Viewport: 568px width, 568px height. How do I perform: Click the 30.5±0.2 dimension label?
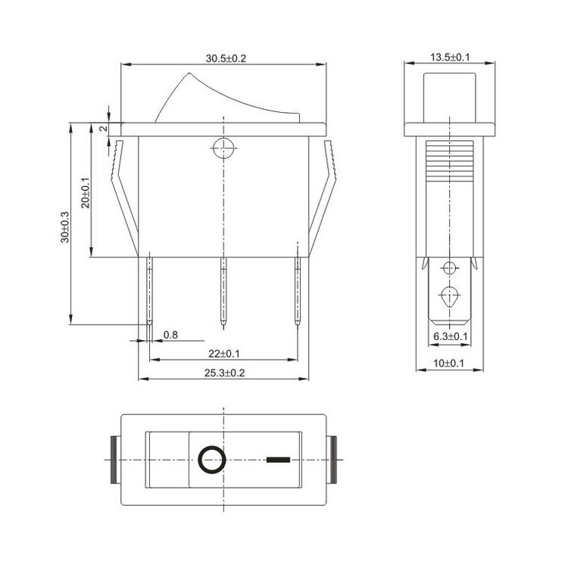tap(226, 58)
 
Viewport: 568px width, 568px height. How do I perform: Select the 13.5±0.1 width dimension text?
tap(450, 58)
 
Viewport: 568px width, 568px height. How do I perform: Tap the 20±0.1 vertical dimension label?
tap(86, 192)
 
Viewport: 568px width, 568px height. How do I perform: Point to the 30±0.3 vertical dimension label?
tap(65, 227)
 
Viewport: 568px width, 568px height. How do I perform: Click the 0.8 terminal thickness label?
tap(170, 335)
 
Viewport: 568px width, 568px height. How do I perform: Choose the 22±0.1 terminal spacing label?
tap(224, 354)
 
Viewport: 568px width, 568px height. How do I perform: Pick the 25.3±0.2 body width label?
tap(225, 373)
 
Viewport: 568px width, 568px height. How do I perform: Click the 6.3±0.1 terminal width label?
tap(451, 336)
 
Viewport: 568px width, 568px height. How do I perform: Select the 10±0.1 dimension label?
tap(448, 363)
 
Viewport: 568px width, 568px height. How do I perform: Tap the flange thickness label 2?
tap(103, 128)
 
